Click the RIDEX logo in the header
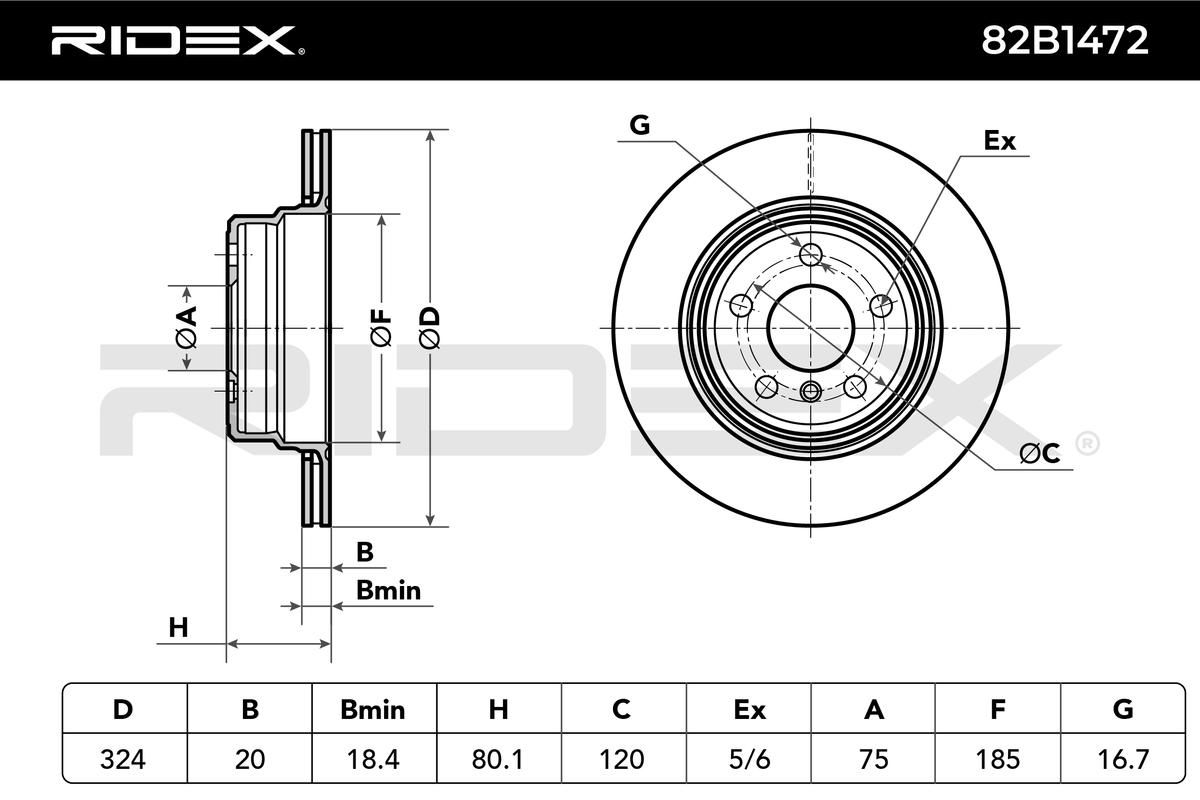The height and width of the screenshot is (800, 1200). tap(178, 41)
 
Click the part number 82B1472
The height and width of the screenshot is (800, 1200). tap(1064, 40)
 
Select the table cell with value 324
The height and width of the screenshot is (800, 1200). tap(123, 759)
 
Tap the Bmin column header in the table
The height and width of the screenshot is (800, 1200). tap(373, 709)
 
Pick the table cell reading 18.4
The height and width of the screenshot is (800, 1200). tap(373, 759)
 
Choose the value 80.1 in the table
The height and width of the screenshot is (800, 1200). tap(498, 759)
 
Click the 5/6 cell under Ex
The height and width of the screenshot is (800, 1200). tap(749, 759)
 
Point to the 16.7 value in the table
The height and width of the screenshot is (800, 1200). tap(1123, 759)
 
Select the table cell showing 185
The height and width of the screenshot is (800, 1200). tap(998, 759)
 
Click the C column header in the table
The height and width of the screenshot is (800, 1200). tap(621, 709)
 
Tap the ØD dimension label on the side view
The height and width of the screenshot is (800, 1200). tap(430, 328)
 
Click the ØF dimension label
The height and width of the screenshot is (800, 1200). tap(381, 328)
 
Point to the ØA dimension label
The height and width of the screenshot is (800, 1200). tap(187, 327)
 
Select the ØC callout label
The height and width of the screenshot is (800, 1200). tap(1039, 454)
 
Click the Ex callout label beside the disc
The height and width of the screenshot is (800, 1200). tap(1000, 141)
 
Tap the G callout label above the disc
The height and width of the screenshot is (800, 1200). tap(640, 125)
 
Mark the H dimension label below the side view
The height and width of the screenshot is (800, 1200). tap(178, 627)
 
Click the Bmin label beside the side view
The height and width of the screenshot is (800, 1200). tap(388, 590)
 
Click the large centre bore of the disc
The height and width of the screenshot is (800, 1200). tap(811, 328)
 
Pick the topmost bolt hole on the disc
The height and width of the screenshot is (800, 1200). tap(811, 253)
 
